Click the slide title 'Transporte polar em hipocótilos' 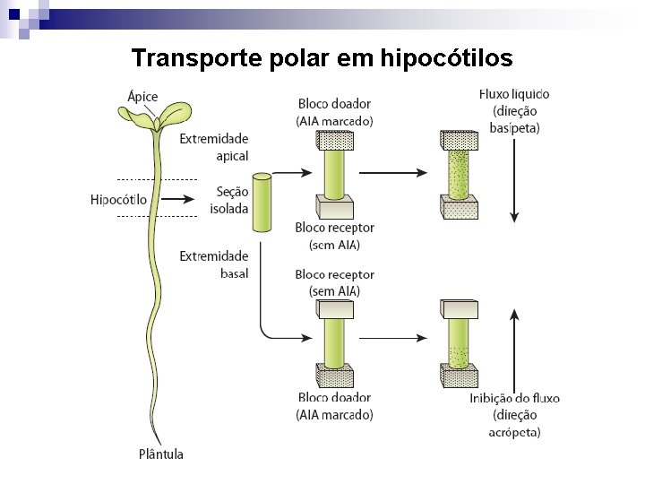click(x=322, y=58)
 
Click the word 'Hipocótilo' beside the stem click(x=119, y=199)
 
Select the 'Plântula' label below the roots click(x=161, y=454)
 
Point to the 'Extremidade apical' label click(x=214, y=147)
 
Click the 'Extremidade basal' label click(x=214, y=264)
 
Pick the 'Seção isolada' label click(x=228, y=200)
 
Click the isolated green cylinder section click(x=261, y=203)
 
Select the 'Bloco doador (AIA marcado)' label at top click(x=334, y=113)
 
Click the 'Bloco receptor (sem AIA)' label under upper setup click(x=334, y=236)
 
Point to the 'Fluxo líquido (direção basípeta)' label click(x=514, y=111)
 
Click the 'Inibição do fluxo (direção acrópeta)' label click(x=514, y=415)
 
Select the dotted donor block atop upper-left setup click(x=335, y=140)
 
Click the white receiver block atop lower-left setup click(x=335, y=308)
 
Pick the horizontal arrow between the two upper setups click(x=395, y=173)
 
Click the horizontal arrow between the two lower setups click(x=395, y=339)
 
